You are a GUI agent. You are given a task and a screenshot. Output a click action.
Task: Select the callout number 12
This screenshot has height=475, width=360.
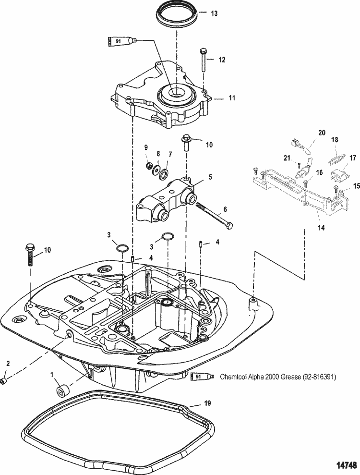222,60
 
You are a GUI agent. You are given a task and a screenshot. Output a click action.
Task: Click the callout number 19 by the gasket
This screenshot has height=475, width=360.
207,403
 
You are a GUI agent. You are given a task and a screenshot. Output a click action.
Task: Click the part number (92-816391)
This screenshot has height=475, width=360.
319,377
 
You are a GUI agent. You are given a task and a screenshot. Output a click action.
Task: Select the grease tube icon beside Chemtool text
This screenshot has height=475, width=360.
202,377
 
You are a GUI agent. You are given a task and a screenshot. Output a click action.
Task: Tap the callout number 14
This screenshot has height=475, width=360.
321,227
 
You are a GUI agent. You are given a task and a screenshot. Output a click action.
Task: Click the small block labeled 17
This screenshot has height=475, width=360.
340,176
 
